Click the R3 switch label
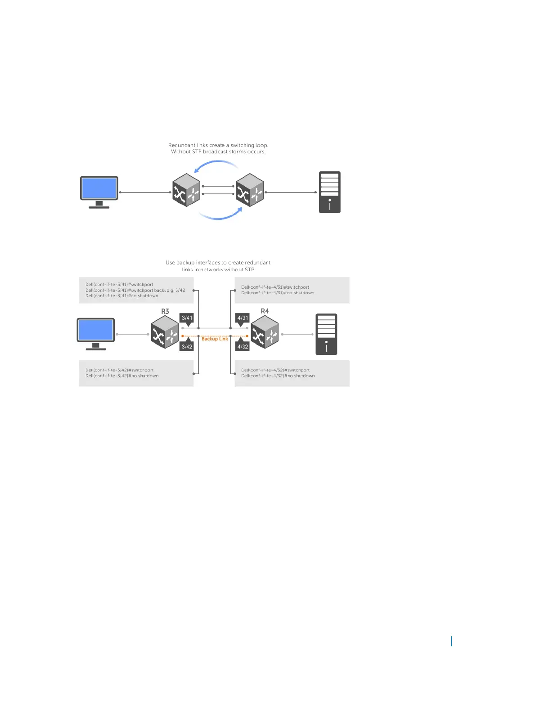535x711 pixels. point(165,311)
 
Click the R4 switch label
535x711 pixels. point(265,311)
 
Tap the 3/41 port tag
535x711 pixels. point(187,318)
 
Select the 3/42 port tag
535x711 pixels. point(187,346)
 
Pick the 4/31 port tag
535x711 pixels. point(243,318)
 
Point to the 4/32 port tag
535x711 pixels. point(243,346)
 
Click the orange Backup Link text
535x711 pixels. point(215,339)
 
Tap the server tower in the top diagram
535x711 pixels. point(329,192)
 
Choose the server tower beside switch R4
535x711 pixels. point(326,334)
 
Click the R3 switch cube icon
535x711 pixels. point(165,332)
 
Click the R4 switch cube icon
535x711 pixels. point(265,332)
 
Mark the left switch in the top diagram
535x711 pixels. point(186,190)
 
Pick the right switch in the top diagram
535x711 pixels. point(250,190)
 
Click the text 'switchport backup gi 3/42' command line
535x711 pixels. point(135,290)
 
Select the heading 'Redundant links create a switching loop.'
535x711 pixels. point(218,145)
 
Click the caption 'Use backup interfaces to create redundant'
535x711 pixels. point(218,263)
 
